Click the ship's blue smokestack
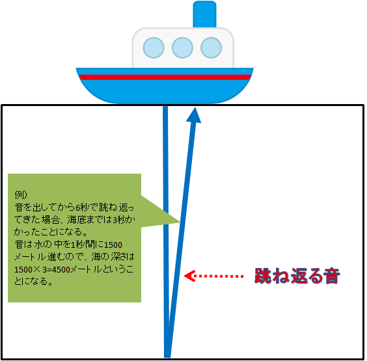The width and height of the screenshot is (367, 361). (x=204, y=14)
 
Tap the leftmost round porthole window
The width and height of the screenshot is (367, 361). (x=154, y=47)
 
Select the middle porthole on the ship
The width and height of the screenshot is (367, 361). (x=182, y=47)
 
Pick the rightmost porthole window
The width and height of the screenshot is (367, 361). (x=211, y=47)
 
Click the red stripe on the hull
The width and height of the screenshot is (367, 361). (x=165, y=77)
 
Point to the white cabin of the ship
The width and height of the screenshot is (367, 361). (x=183, y=47)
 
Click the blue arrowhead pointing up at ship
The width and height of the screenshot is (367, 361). (x=194, y=115)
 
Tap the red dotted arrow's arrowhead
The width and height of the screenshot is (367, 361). (x=189, y=276)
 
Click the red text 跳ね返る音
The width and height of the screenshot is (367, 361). (x=297, y=276)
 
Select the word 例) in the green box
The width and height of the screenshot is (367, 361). (x=21, y=194)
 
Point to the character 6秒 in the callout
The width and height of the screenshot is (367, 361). (x=81, y=207)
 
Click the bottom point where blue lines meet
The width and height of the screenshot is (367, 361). (x=167, y=357)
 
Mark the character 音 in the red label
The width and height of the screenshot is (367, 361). (x=331, y=276)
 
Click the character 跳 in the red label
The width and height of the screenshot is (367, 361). (x=263, y=276)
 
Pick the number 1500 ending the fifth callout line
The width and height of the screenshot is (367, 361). (x=113, y=245)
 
